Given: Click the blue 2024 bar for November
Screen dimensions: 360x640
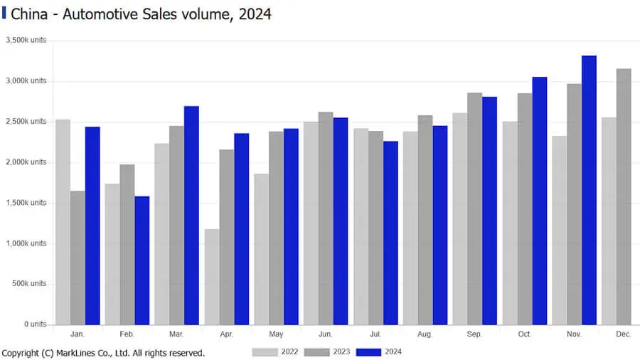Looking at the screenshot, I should (x=589, y=190).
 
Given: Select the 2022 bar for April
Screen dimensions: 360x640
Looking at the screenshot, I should (x=212, y=277).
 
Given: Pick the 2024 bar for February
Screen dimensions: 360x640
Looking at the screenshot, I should (x=142, y=260).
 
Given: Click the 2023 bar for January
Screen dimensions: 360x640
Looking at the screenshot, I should (x=78, y=258).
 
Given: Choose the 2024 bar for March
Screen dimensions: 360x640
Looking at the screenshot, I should (x=191, y=216).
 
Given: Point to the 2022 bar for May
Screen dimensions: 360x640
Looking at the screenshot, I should (x=262, y=249).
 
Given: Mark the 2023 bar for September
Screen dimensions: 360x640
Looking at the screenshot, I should (x=475, y=208).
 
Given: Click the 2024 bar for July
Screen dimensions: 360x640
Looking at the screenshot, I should (x=390, y=233).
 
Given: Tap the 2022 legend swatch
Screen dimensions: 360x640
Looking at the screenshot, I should (x=265, y=352).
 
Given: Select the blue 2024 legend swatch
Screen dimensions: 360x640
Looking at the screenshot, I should (x=368, y=352).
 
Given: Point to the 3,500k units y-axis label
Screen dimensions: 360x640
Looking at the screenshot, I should (x=26, y=41).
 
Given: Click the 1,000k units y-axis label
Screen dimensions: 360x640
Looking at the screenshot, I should (x=26, y=243).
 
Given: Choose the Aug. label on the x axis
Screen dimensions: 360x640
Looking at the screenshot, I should (x=425, y=334).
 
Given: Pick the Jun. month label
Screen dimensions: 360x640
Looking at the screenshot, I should (x=326, y=334).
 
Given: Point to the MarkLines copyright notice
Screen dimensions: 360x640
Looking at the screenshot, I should (x=103, y=353).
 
